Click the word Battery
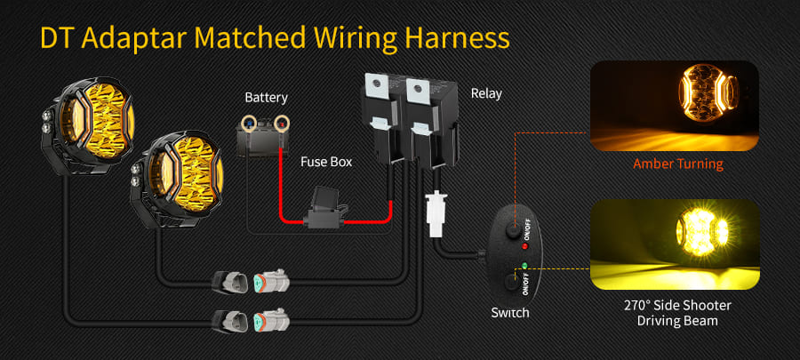click(x=266, y=97)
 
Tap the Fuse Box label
click(x=325, y=162)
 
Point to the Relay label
click(x=486, y=92)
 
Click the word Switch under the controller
click(x=510, y=312)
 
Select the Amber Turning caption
click(x=677, y=164)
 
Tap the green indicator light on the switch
click(x=525, y=265)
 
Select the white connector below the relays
click(x=436, y=214)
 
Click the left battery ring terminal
click(x=252, y=121)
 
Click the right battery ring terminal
click(x=283, y=121)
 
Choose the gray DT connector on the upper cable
click(x=268, y=283)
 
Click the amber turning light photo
click(x=675, y=106)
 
